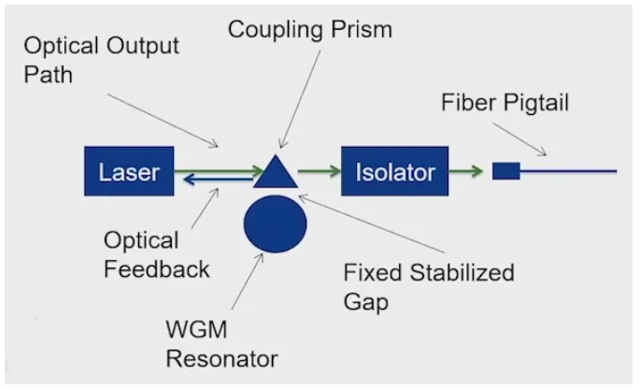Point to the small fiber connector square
click(x=505, y=171)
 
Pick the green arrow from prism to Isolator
click(x=319, y=171)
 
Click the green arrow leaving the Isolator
click(x=465, y=171)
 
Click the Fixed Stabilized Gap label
click(x=429, y=286)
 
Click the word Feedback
click(x=156, y=269)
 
